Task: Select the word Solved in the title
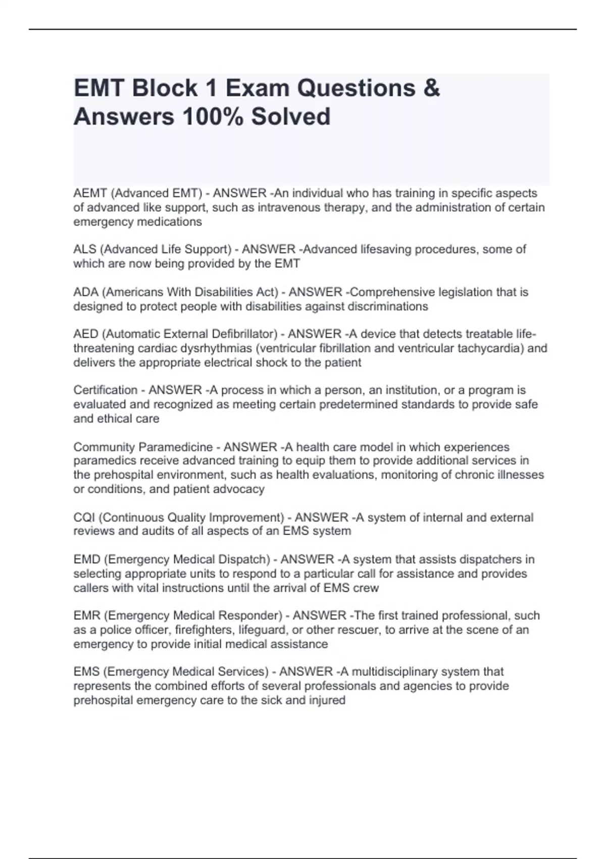291,117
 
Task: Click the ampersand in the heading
432,88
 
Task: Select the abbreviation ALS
84,250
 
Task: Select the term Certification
105,391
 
